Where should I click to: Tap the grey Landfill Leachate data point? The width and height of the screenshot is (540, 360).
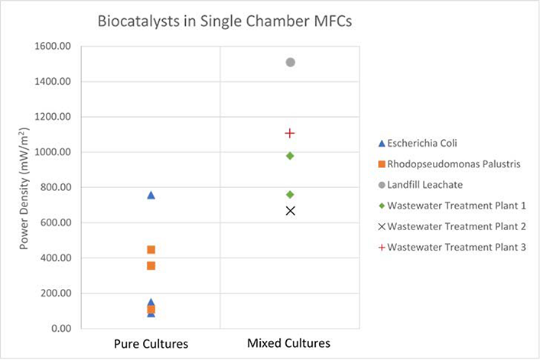click(291, 62)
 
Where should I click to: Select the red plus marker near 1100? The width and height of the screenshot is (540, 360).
click(291, 133)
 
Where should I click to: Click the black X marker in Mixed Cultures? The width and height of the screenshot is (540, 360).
click(291, 210)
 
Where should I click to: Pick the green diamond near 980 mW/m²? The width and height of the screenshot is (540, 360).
click(291, 156)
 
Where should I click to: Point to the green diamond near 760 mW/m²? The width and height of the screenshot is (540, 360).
click(291, 195)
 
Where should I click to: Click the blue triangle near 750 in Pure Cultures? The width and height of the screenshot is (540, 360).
click(151, 196)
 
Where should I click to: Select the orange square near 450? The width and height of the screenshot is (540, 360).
click(151, 250)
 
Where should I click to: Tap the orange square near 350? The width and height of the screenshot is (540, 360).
click(151, 266)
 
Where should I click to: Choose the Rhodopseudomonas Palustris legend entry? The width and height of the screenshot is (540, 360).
click(451, 164)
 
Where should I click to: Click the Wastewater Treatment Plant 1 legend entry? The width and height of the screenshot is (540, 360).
click(451, 206)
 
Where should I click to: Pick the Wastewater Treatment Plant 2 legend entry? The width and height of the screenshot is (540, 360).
click(451, 226)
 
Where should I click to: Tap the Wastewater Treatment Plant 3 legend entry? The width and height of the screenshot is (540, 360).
click(451, 247)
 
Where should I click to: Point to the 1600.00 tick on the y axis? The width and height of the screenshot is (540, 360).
click(53, 47)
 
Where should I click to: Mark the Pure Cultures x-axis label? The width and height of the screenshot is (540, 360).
click(151, 344)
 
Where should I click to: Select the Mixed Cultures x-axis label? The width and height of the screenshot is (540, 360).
click(289, 344)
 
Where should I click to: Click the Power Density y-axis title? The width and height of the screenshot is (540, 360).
click(25, 186)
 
